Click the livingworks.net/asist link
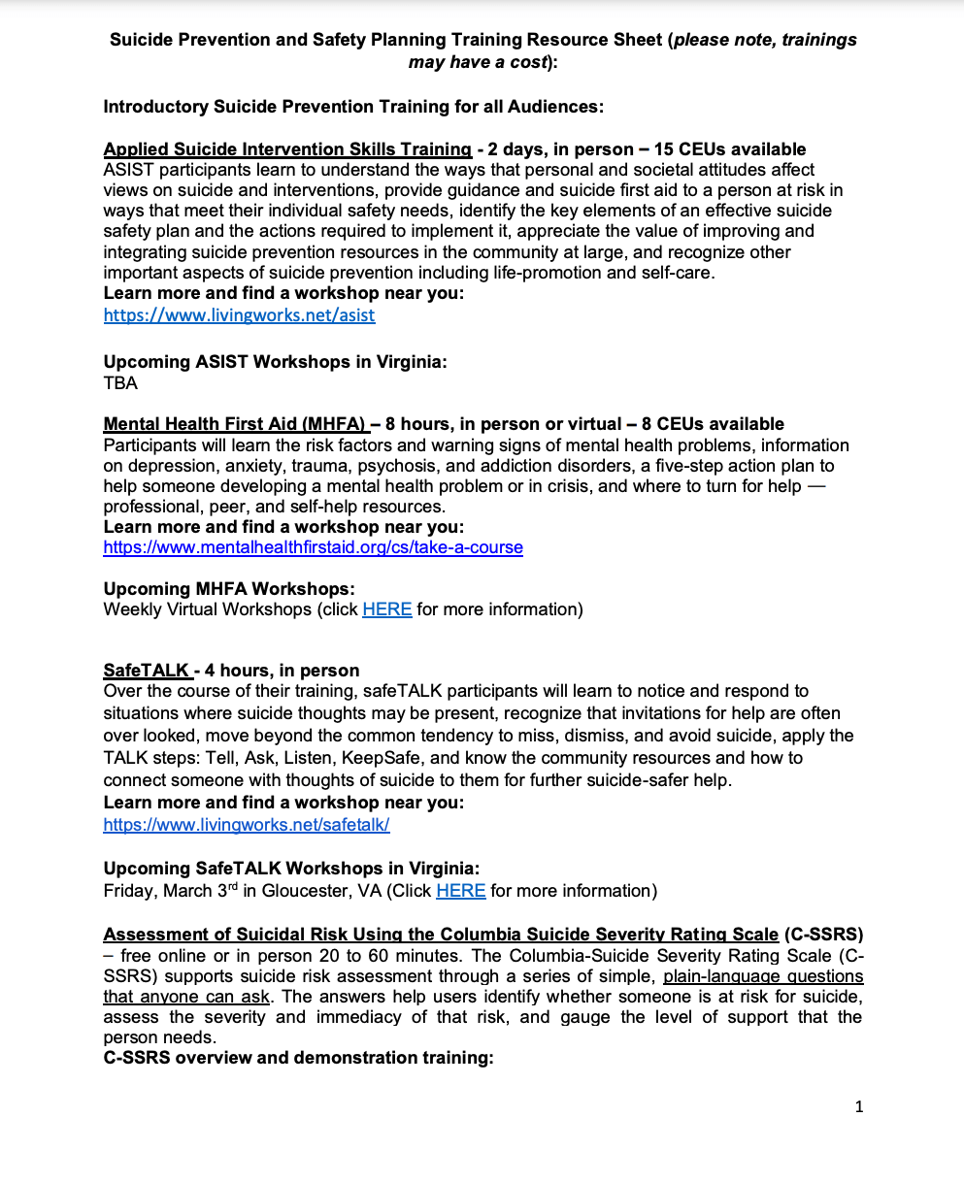click(x=239, y=315)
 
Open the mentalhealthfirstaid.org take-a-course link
click(x=313, y=547)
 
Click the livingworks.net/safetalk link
click(x=247, y=825)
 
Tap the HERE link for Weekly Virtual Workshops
click(x=386, y=609)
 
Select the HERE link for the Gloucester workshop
click(x=460, y=891)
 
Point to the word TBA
click(x=120, y=383)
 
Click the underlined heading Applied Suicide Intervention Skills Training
click(x=287, y=149)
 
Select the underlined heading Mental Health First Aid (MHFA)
click(x=234, y=424)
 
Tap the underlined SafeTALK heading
click(x=147, y=671)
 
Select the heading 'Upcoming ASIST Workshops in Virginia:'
click(x=275, y=362)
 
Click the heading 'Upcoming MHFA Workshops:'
click(x=229, y=589)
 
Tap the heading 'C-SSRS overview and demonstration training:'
click(x=298, y=1057)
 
